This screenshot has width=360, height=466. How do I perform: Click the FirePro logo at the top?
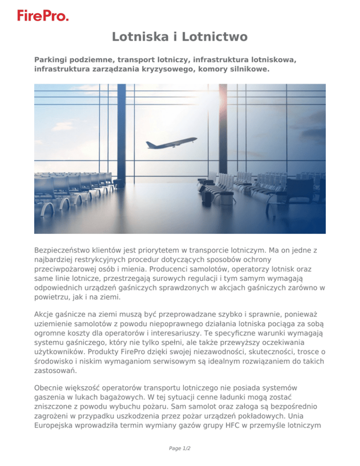pyautogui.click(x=43, y=15)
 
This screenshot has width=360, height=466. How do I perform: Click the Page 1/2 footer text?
pyautogui.click(x=180, y=447)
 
